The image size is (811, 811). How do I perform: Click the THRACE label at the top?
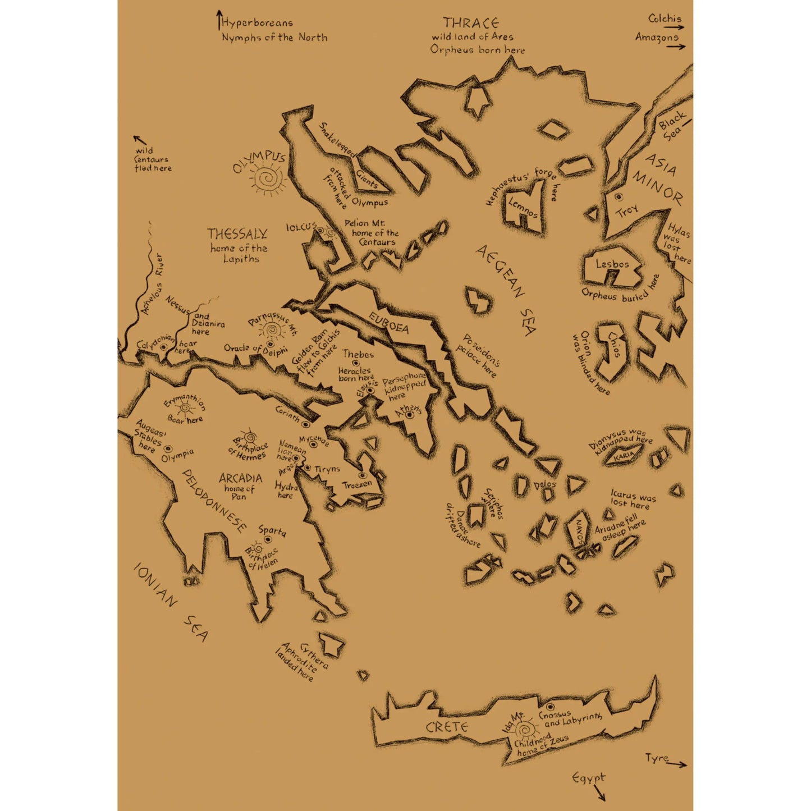click(x=470, y=23)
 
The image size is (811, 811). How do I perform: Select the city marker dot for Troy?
click(x=618, y=197)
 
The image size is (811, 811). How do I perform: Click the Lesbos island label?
click(x=612, y=264)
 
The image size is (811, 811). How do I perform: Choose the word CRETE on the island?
click(x=447, y=727)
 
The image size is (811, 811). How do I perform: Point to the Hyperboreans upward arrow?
click(x=219, y=20)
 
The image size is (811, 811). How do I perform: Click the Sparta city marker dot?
click(x=268, y=540)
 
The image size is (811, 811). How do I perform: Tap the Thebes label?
click(x=358, y=354)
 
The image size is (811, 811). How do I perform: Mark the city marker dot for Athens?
click(x=410, y=415)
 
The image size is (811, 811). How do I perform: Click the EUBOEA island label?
click(x=388, y=323)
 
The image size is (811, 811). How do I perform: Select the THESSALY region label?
click(x=237, y=233)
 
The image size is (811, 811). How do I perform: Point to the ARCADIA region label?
click(x=240, y=478)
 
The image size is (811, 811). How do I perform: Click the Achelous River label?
click(x=152, y=283)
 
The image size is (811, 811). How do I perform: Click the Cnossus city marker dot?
click(x=550, y=707)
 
